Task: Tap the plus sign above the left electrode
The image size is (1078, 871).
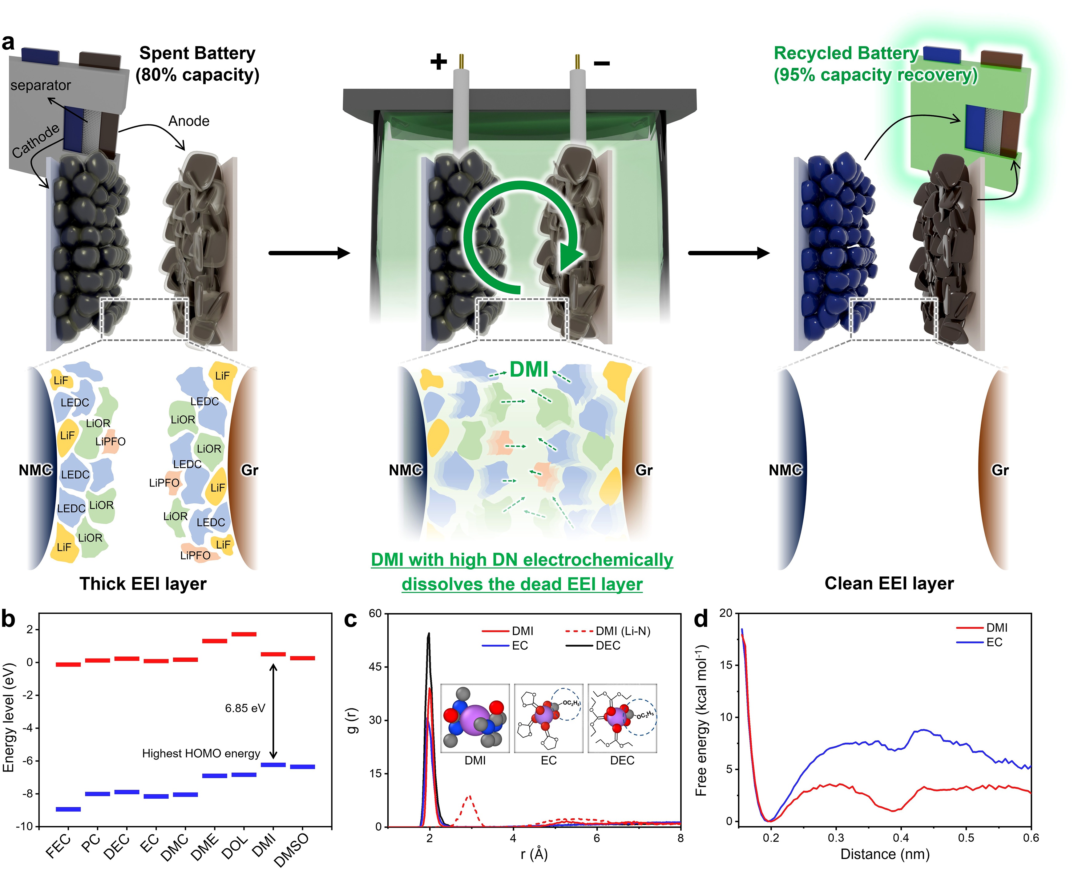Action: [438, 62]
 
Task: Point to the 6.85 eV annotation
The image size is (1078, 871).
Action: [245, 708]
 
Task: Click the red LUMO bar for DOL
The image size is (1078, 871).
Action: [244, 634]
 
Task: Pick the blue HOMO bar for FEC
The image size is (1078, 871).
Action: [68, 809]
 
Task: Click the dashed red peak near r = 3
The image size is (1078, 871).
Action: [469, 796]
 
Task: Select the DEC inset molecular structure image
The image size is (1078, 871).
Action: [622, 719]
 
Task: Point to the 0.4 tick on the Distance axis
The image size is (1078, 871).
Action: [901, 838]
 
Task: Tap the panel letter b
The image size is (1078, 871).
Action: [9, 619]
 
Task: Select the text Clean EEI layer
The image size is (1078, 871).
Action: [889, 583]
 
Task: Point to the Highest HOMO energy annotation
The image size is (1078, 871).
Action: [201, 754]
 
